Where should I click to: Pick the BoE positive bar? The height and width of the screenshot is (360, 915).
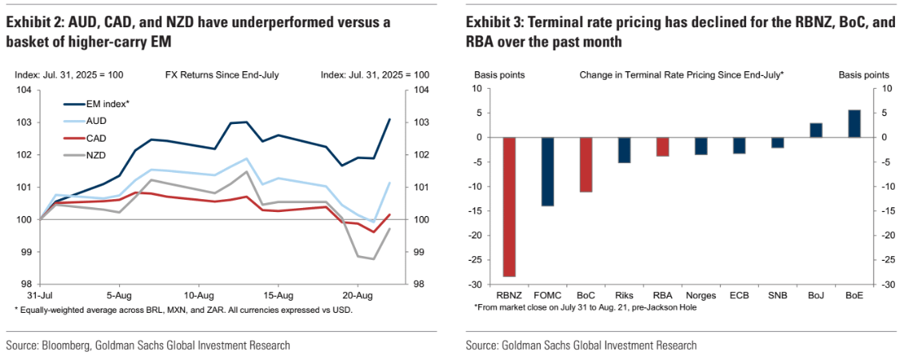coord(853,124)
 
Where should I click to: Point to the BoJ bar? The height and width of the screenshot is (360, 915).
coord(816,130)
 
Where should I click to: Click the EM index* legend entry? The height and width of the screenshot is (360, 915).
coord(108,104)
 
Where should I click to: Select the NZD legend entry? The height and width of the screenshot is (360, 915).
coord(97,154)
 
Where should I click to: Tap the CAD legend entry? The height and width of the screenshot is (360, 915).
coord(97,138)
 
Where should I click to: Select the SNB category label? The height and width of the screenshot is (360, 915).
coord(777,295)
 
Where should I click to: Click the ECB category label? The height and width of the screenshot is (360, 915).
coord(738,295)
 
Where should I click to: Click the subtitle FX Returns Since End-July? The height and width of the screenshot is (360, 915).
coord(222,74)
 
